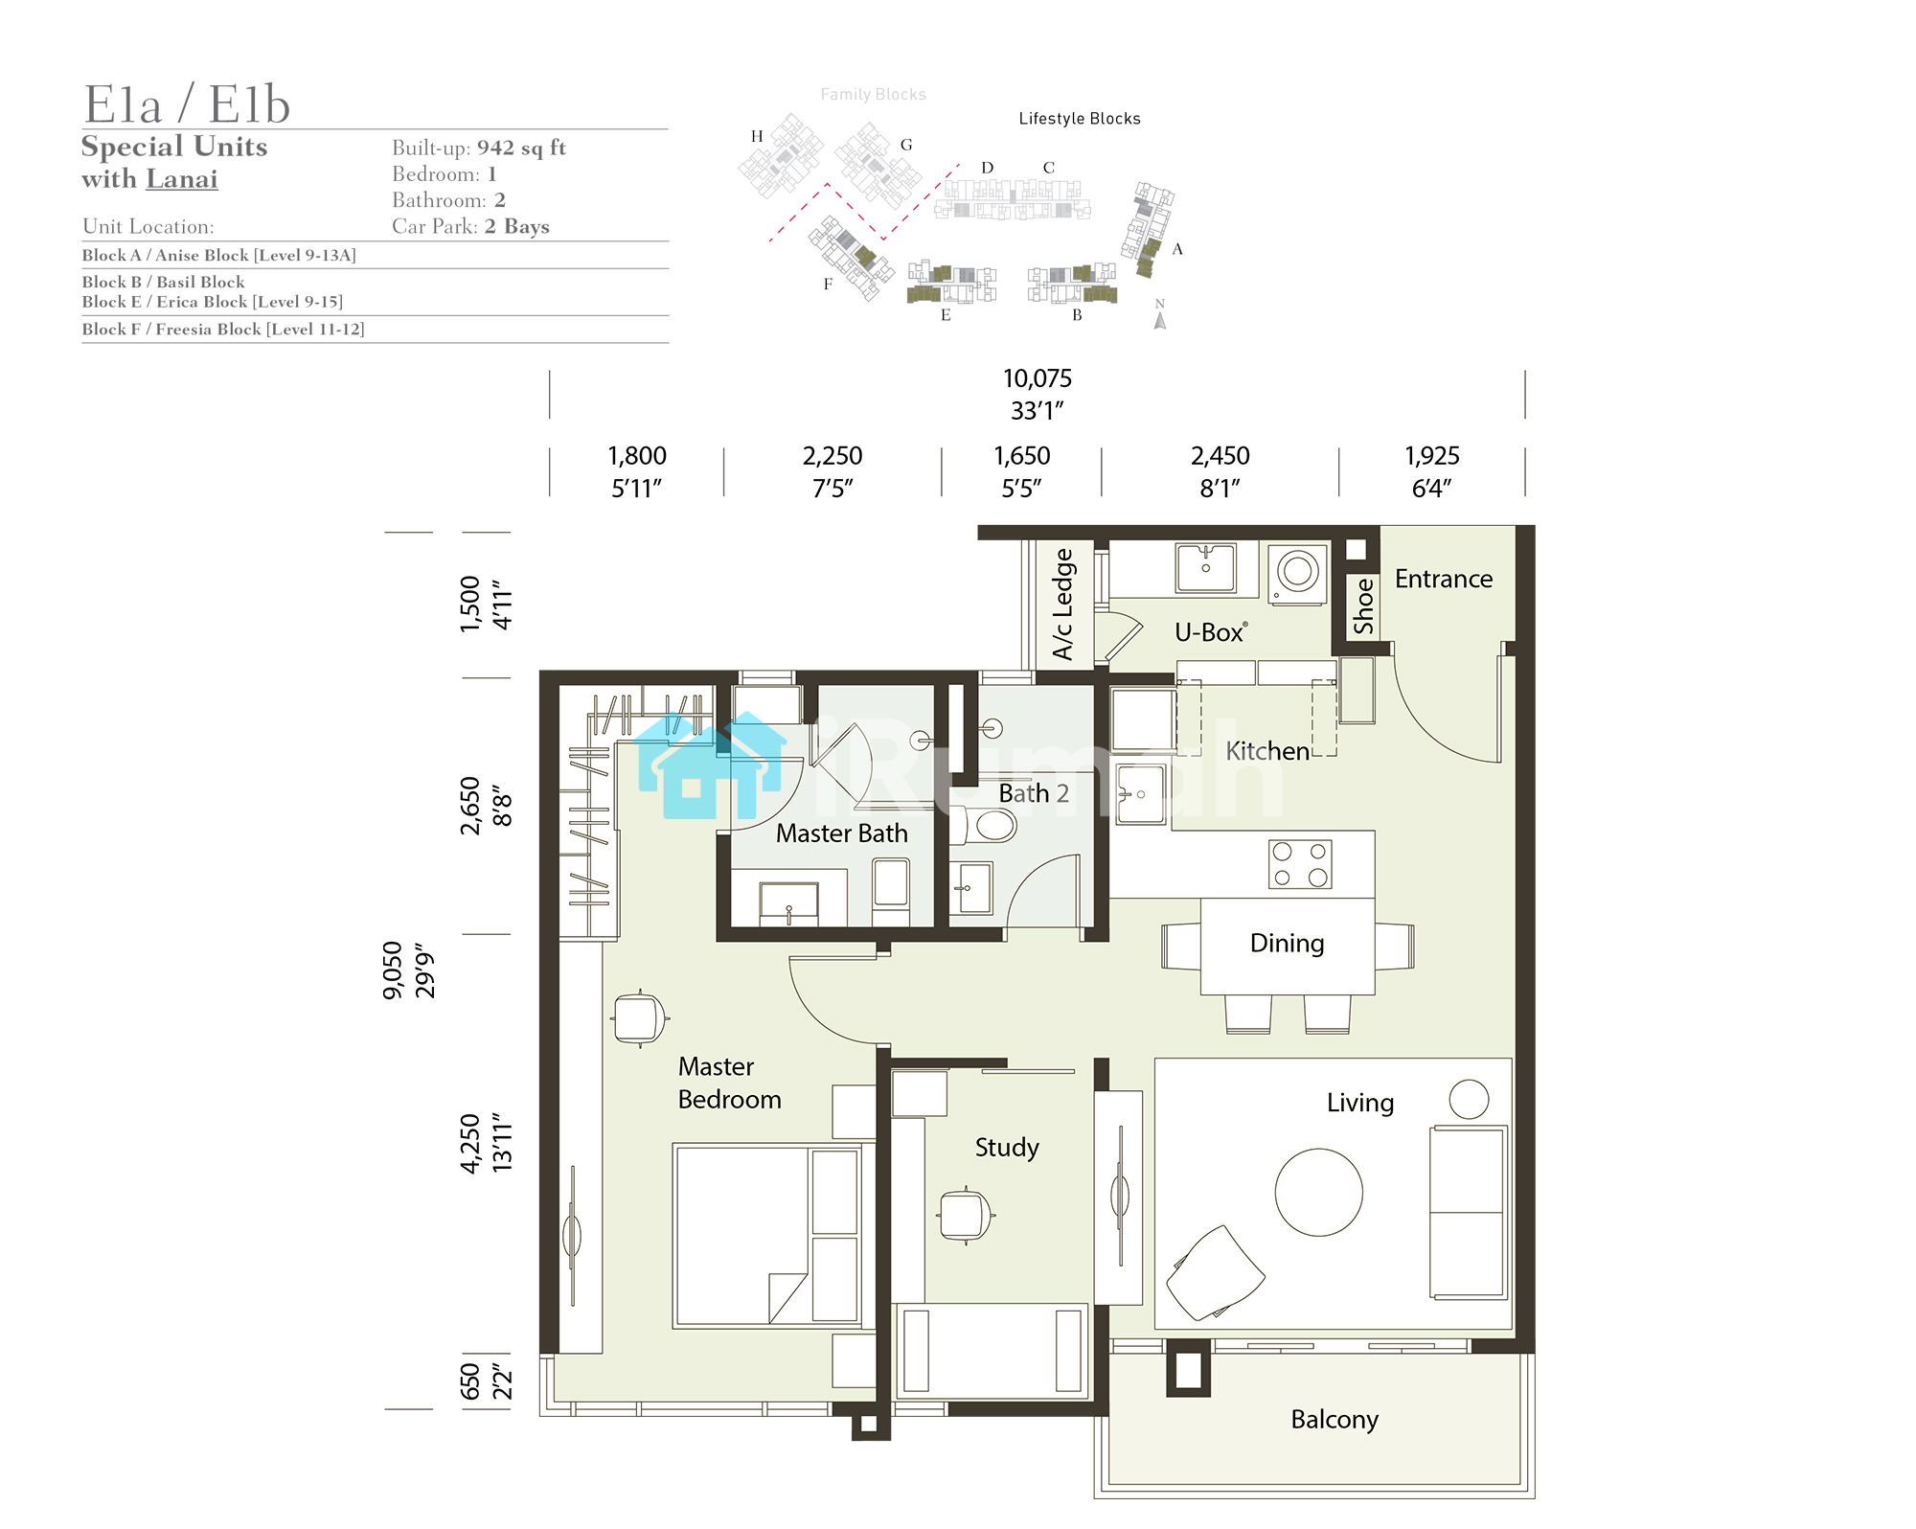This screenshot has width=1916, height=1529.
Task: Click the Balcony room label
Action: [x=1334, y=1420]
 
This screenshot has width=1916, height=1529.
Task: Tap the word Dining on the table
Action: [x=1288, y=944]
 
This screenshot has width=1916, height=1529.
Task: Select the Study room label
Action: [x=1007, y=1148]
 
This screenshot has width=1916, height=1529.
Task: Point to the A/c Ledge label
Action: [x=1063, y=605]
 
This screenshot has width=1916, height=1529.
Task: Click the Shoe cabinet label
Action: [x=1363, y=605]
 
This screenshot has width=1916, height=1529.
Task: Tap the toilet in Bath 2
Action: [x=986, y=825]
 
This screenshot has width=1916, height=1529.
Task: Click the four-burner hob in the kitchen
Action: [x=1300, y=864]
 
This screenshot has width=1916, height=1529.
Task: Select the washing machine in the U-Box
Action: [x=1298, y=573]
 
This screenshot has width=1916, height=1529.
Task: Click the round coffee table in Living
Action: [x=1319, y=1193]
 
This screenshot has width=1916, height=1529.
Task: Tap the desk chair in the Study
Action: [x=966, y=1215]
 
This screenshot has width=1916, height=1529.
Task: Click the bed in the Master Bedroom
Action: [x=768, y=1236]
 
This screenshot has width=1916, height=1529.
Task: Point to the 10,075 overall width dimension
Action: [x=1038, y=378]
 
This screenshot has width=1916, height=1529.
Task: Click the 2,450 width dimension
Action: [x=1220, y=456]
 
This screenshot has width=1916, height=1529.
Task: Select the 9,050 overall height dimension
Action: [x=394, y=970]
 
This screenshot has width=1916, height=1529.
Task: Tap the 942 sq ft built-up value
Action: [x=522, y=148]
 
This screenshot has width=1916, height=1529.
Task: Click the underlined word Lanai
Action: [x=182, y=179]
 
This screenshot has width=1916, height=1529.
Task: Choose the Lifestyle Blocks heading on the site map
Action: [x=1080, y=119]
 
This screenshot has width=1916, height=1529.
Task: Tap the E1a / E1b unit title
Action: [x=187, y=103]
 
